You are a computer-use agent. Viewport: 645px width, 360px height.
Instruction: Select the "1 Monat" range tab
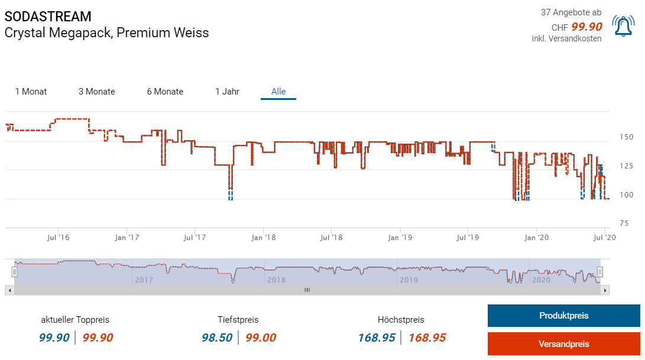click(31, 92)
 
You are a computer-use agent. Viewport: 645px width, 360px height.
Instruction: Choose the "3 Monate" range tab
click(97, 92)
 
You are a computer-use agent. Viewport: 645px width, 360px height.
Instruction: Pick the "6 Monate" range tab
click(165, 92)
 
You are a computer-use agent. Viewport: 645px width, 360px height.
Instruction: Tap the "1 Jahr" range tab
click(227, 92)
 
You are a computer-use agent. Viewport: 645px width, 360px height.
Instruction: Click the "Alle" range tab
click(278, 92)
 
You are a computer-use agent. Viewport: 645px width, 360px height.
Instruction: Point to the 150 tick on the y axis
click(626, 137)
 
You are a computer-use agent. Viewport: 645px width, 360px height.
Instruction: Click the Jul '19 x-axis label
click(468, 238)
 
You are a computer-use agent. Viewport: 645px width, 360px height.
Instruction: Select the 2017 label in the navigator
click(144, 279)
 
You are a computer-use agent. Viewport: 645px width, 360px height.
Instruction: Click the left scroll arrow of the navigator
click(8, 290)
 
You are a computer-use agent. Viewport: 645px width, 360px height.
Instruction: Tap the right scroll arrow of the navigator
click(605, 290)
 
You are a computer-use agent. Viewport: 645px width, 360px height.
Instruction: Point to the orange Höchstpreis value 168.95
click(427, 338)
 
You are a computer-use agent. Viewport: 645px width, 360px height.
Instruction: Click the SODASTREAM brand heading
click(48, 17)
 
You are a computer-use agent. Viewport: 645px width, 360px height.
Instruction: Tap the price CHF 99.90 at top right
click(576, 27)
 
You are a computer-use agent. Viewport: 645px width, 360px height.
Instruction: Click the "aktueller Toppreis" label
click(75, 320)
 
